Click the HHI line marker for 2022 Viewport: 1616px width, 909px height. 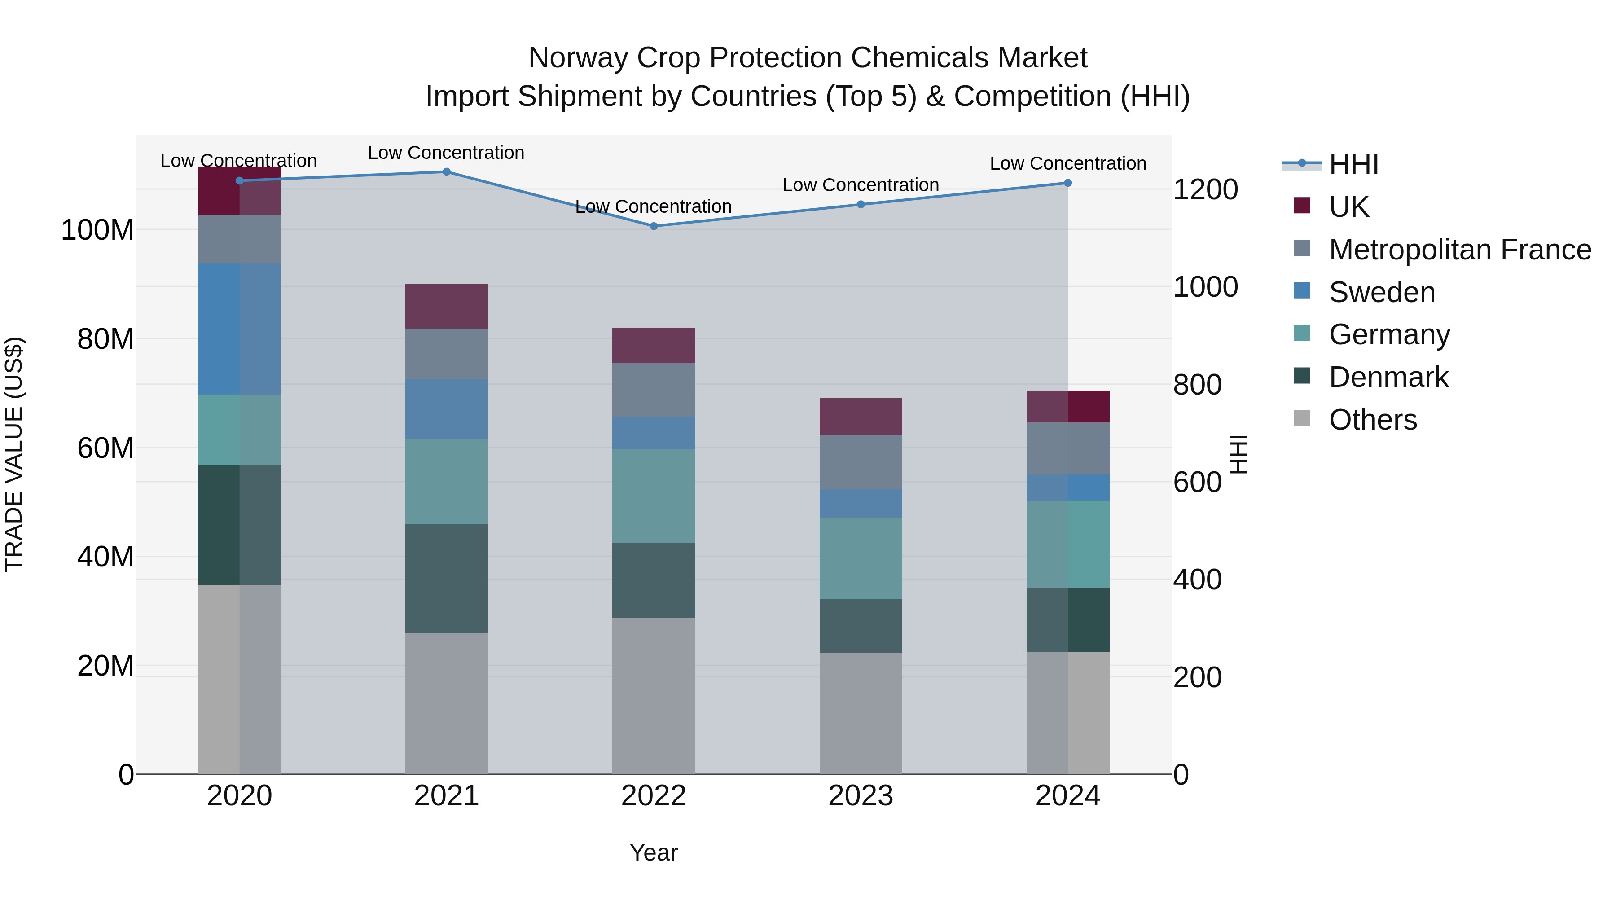click(653, 226)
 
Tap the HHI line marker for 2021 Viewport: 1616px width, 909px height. click(446, 171)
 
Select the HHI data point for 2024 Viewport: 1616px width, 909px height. click(1068, 183)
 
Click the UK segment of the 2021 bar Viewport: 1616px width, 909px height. click(446, 306)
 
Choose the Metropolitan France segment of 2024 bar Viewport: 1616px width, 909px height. click(1068, 448)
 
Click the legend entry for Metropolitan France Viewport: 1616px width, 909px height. click(1459, 250)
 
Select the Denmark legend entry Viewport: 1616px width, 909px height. click(1388, 377)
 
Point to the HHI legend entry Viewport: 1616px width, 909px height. click(1353, 164)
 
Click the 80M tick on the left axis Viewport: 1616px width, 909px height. click(105, 339)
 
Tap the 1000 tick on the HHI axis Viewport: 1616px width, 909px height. click(1205, 287)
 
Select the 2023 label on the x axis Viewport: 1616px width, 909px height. click(860, 795)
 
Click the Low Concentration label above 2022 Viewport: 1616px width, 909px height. click(653, 206)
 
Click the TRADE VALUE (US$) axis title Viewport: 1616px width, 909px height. click(14, 454)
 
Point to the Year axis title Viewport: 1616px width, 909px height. click(653, 852)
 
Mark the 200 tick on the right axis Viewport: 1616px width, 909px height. click(1197, 677)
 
